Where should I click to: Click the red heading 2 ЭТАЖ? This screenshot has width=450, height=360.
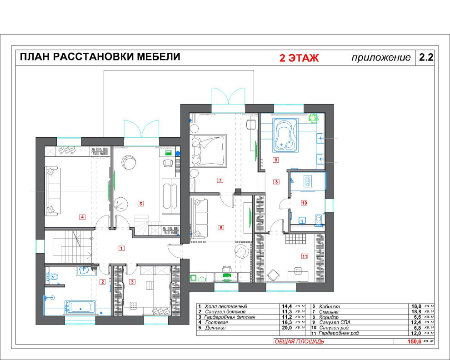tap(299, 58)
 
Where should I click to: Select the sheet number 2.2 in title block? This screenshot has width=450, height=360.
tap(426, 58)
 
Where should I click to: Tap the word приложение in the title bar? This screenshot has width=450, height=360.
tap(381, 58)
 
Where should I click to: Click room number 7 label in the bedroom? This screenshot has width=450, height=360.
tap(220, 180)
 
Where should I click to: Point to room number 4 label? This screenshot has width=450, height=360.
tap(82, 217)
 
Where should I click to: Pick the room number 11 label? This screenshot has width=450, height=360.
tap(304, 256)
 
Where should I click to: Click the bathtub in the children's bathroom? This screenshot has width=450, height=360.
tap(81, 307)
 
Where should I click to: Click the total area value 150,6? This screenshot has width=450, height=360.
tap(414, 341)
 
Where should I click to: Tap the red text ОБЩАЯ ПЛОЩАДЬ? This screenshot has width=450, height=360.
tap(299, 341)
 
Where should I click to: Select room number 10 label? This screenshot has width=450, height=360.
tap(304, 203)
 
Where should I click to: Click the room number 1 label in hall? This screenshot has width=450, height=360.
tap(121, 248)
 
